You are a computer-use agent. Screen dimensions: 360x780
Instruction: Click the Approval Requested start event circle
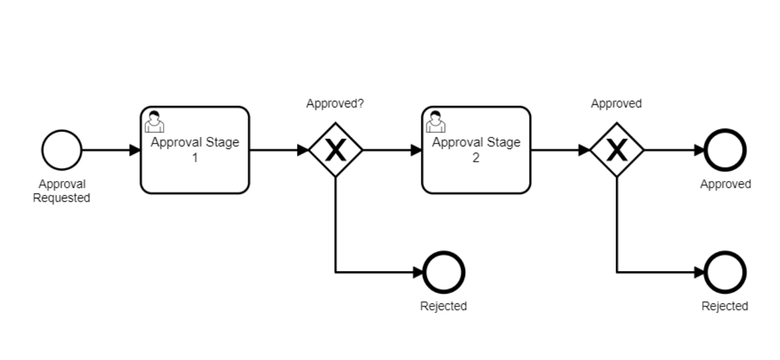62,150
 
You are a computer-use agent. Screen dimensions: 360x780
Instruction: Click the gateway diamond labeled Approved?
335,150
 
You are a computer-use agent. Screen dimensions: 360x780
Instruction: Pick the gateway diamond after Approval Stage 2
617,150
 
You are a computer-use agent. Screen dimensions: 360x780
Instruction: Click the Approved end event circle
725,150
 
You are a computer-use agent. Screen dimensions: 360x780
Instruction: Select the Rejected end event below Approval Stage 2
444,272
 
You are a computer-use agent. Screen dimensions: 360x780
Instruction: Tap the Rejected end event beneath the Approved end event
725,272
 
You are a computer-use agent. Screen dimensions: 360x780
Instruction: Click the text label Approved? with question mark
335,104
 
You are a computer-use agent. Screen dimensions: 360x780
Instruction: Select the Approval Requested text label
62,191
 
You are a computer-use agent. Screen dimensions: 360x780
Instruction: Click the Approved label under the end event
725,185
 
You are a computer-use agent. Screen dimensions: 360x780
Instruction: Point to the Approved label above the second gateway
616,104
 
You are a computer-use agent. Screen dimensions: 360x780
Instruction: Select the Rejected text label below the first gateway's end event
443,306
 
